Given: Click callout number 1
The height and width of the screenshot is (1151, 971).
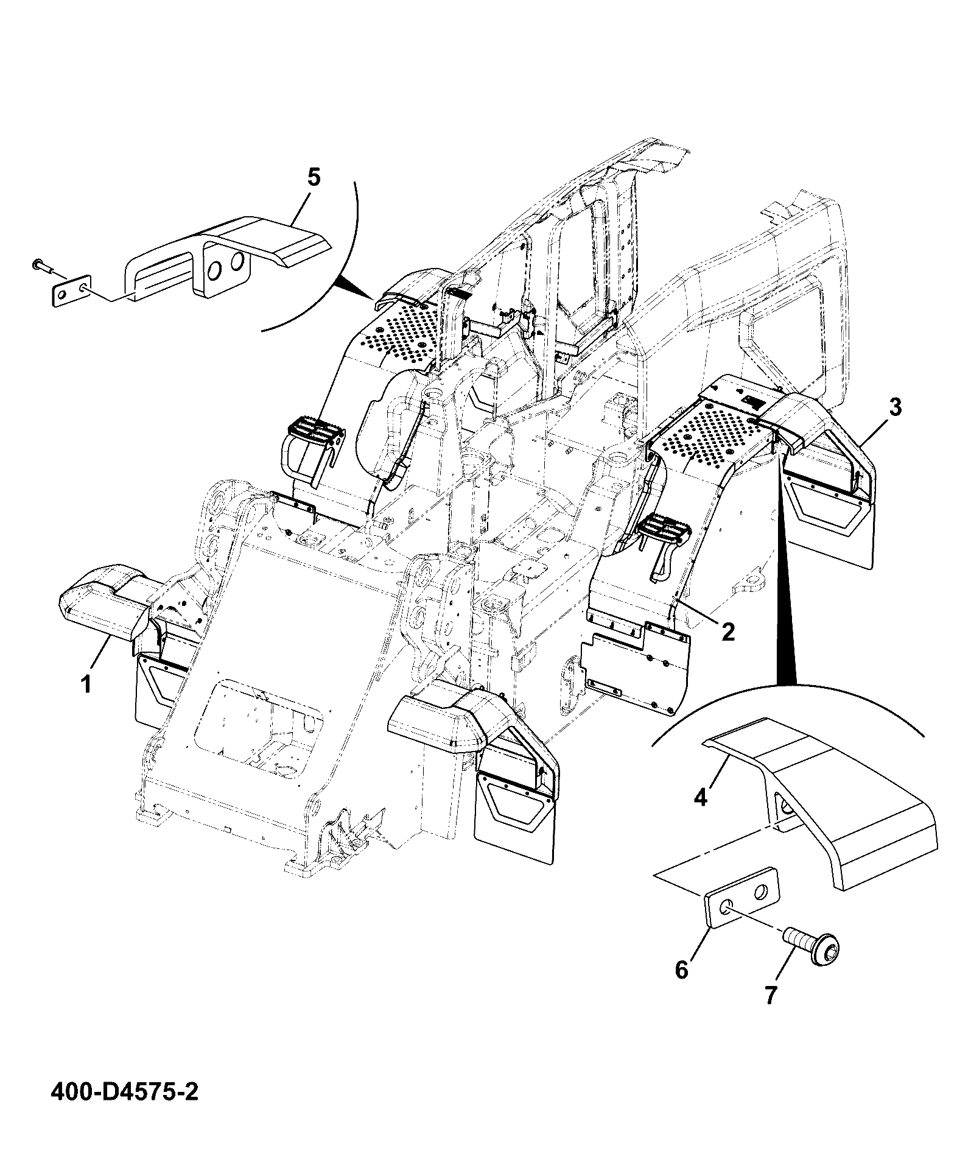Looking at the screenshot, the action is coord(86,684).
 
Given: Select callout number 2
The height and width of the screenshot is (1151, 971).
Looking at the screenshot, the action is coord(727,631).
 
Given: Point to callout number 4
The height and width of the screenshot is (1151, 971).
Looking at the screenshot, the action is coord(701,797).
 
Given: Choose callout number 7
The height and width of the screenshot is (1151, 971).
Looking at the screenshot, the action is coord(770,1013).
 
